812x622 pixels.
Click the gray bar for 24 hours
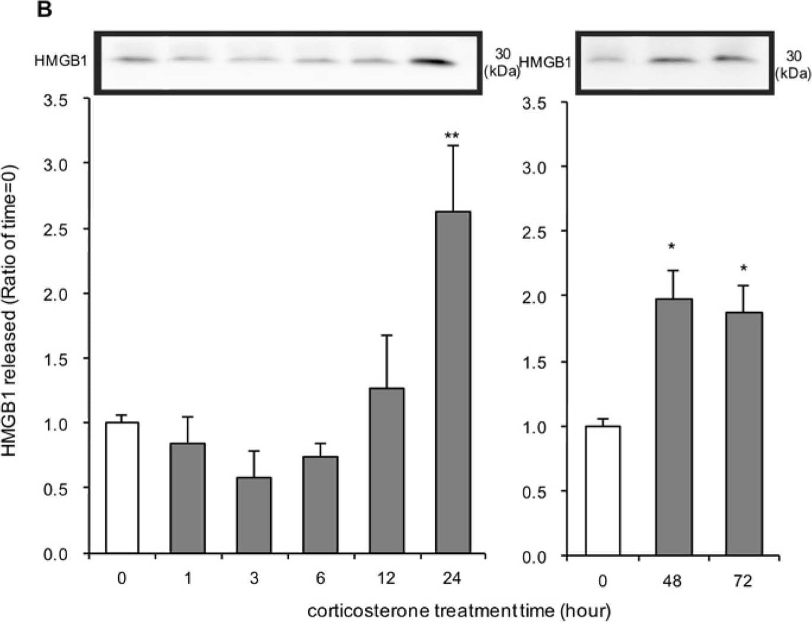click(453, 382)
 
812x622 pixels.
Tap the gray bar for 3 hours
click(254, 515)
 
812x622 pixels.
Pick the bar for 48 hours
click(674, 427)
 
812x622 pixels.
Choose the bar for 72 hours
click(744, 434)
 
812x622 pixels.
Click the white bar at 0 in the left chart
click(122, 488)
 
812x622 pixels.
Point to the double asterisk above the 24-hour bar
click(452, 136)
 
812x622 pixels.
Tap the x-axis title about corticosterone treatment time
click(459, 610)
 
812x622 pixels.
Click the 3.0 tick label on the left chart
click(56, 163)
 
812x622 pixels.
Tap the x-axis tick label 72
click(743, 581)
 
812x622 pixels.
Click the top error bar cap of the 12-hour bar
click(387, 335)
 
